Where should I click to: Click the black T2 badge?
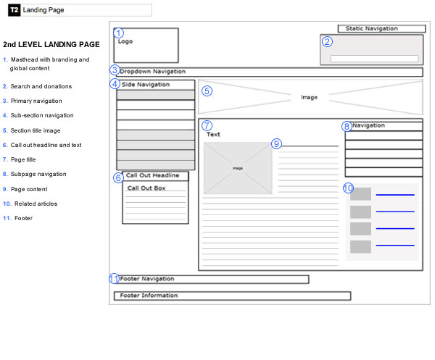14,10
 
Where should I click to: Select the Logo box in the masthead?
146,45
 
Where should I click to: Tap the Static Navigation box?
381,28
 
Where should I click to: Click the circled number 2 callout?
327,41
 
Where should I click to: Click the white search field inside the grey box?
374,59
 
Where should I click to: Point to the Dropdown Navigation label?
152,72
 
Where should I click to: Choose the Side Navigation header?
156,85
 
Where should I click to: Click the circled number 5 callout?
207,91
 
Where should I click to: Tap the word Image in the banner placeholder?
309,97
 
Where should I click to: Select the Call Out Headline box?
155,176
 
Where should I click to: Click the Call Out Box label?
146,188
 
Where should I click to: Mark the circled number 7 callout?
207,125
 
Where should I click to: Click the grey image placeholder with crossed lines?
238,168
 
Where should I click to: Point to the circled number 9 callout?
276,143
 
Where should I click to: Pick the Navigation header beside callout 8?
384,126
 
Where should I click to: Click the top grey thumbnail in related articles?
360,193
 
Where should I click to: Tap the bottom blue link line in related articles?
395,246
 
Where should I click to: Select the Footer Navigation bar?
212,279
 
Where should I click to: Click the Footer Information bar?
233,296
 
